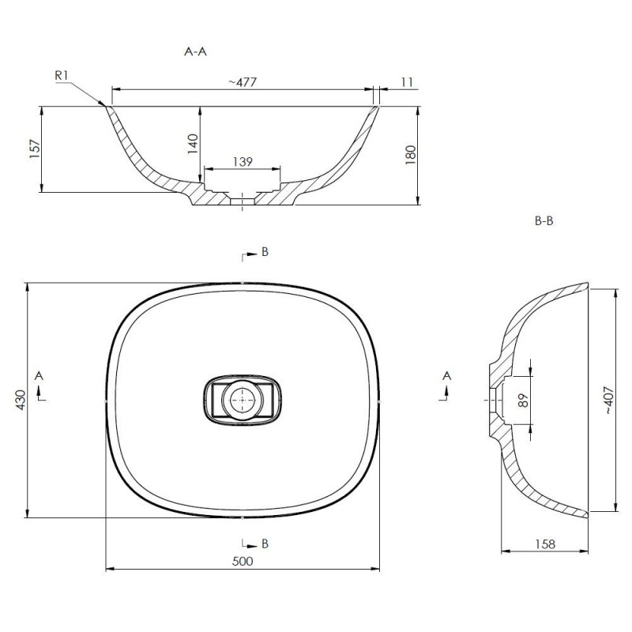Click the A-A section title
click(x=195, y=51)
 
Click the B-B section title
click(x=544, y=221)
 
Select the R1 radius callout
click(x=62, y=75)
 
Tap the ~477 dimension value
click(x=243, y=82)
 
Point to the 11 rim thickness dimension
click(x=408, y=82)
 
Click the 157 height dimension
click(x=35, y=149)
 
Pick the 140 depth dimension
click(x=193, y=144)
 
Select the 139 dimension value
click(x=243, y=162)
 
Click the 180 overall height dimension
click(x=410, y=155)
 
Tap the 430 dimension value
click(x=21, y=400)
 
